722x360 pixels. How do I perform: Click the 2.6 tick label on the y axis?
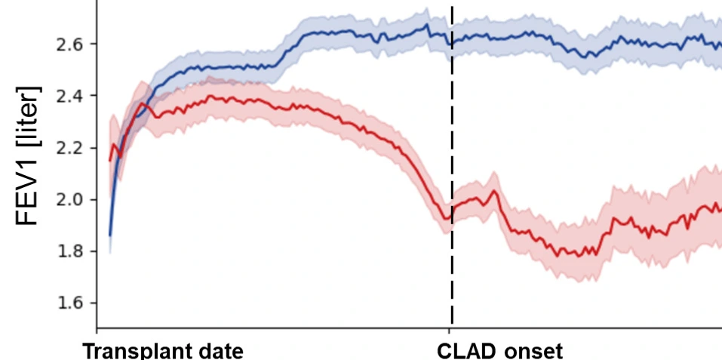pyautogui.click(x=69, y=45)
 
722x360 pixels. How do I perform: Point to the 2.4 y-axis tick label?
pyautogui.click(x=69, y=96)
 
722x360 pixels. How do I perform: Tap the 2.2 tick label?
pyautogui.click(x=69, y=148)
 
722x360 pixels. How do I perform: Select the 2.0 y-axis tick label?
pyautogui.click(x=69, y=200)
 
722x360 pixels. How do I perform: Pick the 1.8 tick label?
pyautogui.click(x=69, y=251)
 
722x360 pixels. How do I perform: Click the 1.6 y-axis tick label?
pyautogui.click(x=69, y=303)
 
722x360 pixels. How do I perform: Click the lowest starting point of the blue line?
pyautogui.click(x=110, y=235)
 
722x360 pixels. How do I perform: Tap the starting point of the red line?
pyautogui.click(x=110, y=160)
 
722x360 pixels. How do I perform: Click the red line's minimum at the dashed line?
pyautogui.click(x=447, y=220)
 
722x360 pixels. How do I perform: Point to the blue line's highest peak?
pyautogui.click(x=426, y=24)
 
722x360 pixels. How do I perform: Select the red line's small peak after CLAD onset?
pyautogui.click(x=494, y=191)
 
